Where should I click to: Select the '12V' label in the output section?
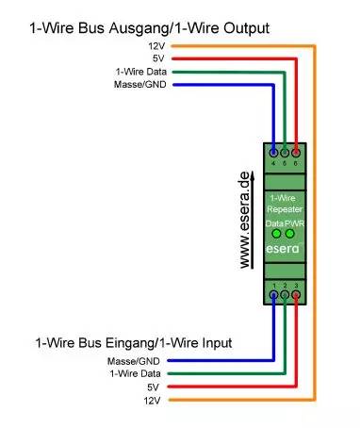[x=155, y=45]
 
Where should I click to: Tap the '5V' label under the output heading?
[x=157, y=58]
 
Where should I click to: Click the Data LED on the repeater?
[x=276, y=233]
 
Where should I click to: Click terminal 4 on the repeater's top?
[x=273, y=152]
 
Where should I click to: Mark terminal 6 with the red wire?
[x=296, y=152]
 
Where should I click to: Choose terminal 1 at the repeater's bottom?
[x=273, y=294]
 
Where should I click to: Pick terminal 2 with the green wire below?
[x=285, y=294]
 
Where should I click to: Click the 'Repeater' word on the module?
[x=284, y=208]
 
